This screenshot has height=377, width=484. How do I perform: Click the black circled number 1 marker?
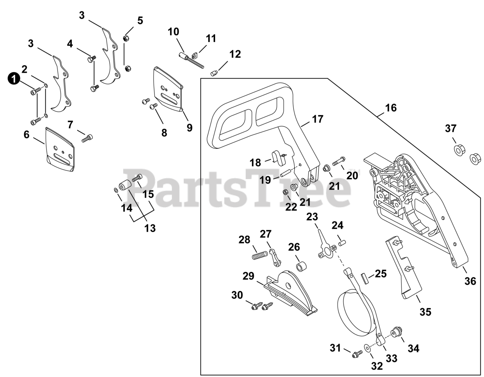[x=14, y=79]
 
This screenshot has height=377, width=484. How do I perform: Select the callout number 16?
[x=391, y=108]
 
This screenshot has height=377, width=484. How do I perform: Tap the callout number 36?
[x=470, y=282]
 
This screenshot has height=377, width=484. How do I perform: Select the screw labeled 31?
[x=356, y=353]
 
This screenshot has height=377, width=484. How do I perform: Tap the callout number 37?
[x=450, y=129]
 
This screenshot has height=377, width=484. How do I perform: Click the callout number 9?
[x=189, y=128]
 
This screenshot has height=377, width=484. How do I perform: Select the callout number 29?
[x=248, y=276]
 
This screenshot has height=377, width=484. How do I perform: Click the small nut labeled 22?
[x=286, y=192]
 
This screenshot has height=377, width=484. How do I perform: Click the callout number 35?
[x=425, y=312]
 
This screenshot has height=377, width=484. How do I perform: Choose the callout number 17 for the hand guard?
[x=318, y=119]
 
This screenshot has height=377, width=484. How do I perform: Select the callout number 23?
[x=312, y=217]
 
